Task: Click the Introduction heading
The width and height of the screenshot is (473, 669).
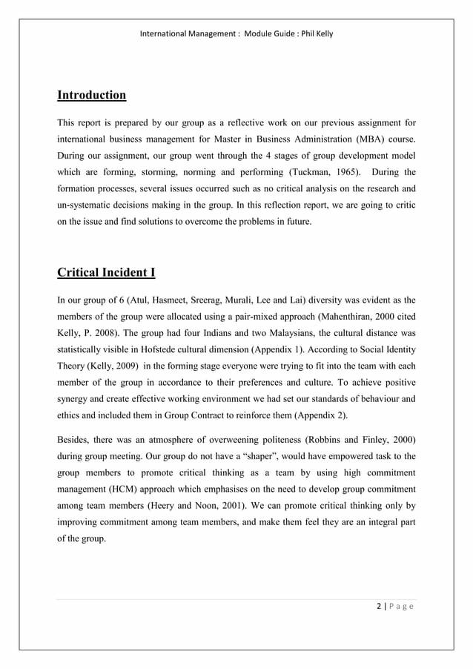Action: click(x=91, y=95)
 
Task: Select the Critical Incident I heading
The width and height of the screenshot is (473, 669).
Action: click(x=106, y=272)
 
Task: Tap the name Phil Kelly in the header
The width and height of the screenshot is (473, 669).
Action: click(x=316, y=34)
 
